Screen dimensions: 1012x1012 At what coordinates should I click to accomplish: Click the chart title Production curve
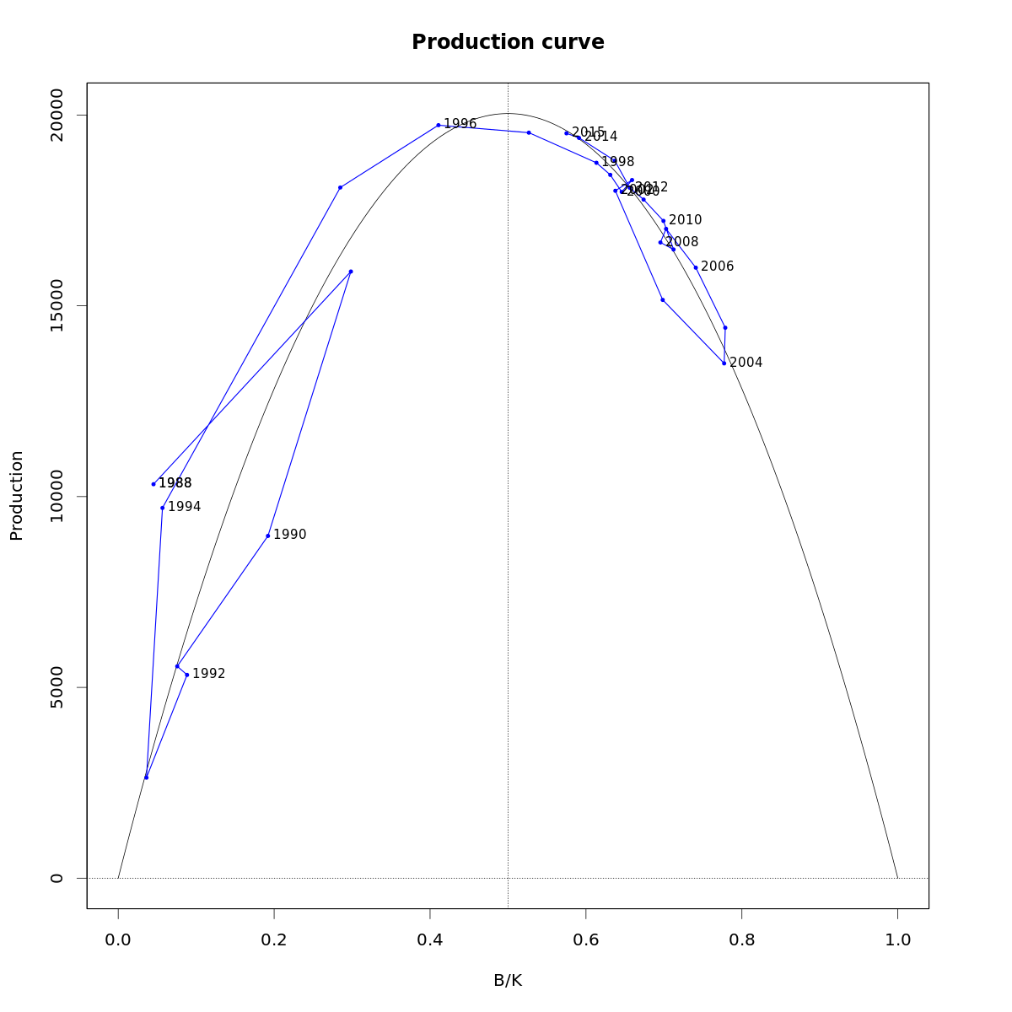tap(508, 42)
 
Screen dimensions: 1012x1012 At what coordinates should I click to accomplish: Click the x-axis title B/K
tap(508, 981)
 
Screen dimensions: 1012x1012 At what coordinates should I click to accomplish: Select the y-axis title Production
tap(17, 495)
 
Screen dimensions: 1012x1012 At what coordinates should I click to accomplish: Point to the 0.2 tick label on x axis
tap(274, 939)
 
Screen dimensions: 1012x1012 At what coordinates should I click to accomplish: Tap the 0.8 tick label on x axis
tap(741, 939)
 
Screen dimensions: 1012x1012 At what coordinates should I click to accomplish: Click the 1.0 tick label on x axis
tap(897, 939)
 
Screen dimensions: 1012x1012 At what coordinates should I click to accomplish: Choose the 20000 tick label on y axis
tap(57, 115)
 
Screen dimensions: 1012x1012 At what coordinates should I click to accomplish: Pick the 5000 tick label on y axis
tap(57, 686)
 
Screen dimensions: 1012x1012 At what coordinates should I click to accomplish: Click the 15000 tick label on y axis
tap(57, 305)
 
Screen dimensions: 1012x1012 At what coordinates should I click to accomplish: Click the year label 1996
tap(460, 124)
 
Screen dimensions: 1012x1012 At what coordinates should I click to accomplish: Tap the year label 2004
tap(746, 363)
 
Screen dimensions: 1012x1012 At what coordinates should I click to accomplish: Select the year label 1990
tap(290, 535)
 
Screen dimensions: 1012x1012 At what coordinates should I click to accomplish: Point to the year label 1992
tap(209, 674)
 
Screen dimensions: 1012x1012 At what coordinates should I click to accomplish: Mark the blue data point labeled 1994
tap(162, 508)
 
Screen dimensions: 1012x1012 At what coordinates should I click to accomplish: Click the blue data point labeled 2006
tap(696, 267)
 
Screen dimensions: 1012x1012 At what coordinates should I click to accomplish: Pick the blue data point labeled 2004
tap(724, 363)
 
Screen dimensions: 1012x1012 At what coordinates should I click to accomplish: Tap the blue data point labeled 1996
tap(439, 125)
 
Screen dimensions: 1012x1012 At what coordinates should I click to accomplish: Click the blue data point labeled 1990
tap(268, 536)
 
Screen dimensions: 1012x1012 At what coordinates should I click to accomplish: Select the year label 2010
tap(686, 220)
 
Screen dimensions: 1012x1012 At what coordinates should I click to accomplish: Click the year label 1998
tap(618, 162)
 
